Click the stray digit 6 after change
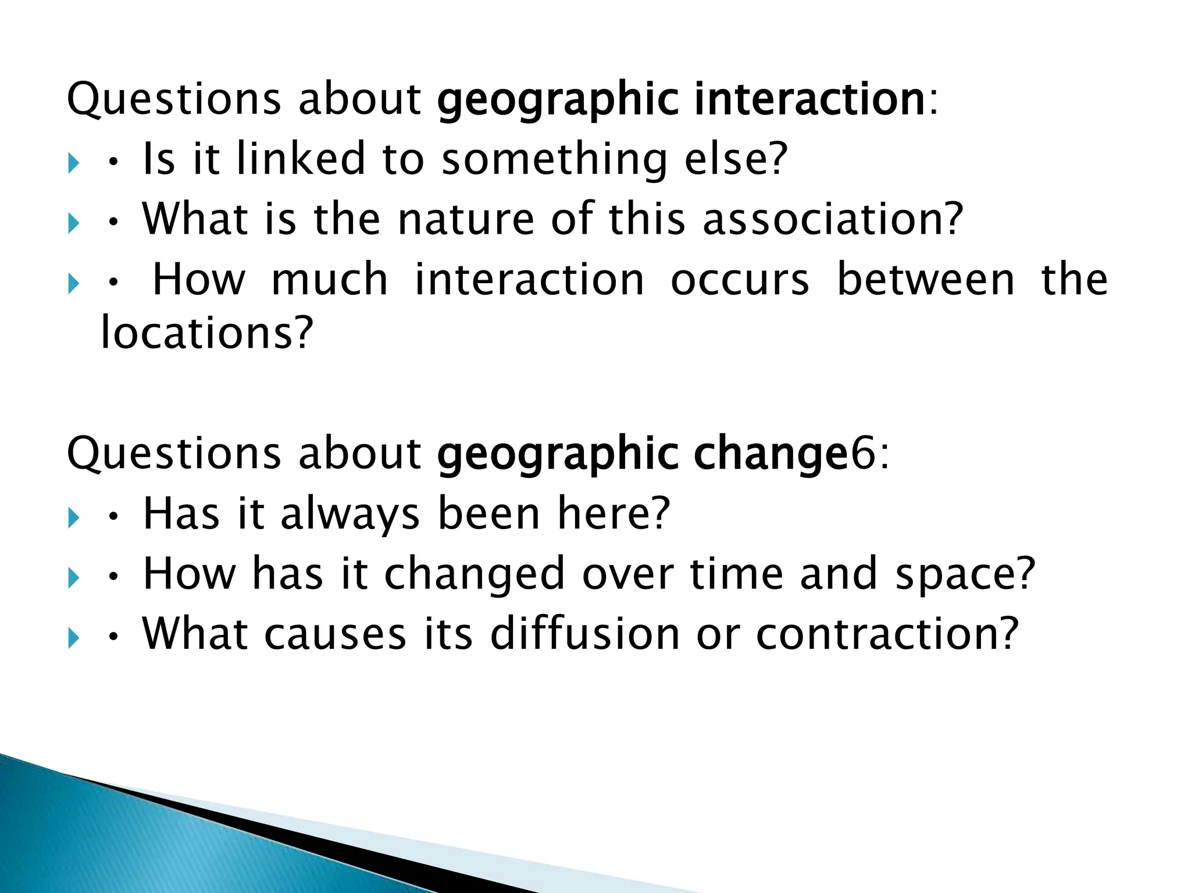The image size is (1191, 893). point(864,454)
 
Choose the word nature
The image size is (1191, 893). point(466,219)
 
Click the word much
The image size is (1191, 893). point(330,280)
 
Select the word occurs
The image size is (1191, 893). point(740,281)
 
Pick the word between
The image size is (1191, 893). point(926,280)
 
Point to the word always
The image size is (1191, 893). point(350,515)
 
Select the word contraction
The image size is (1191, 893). point(878,634)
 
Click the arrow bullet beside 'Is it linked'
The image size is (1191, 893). point(73,163)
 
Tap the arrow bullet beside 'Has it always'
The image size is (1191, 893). point(73,517)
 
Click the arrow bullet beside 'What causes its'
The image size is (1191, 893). point(73,638)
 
